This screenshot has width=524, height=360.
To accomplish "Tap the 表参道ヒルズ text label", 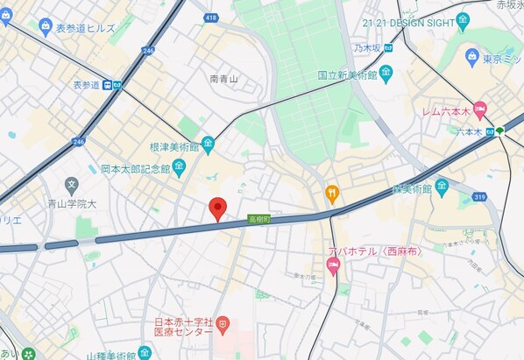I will coord(85,28).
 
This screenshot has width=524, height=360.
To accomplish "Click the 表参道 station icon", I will coord(107,85).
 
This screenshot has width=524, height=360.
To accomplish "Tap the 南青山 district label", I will coord(223,79).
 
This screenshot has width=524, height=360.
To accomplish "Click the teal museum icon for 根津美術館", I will coord(208,143).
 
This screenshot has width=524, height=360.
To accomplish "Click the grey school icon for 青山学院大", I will coord(71,185).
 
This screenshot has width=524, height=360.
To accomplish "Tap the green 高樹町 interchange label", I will coord(258,218).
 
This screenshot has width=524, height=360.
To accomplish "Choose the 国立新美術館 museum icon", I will coord(386,75).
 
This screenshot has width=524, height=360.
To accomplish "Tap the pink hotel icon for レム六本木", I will coord(479,111).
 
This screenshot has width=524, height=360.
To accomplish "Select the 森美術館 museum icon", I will coord(442,187).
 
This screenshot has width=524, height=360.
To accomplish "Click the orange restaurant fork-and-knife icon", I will coord(332,192).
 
